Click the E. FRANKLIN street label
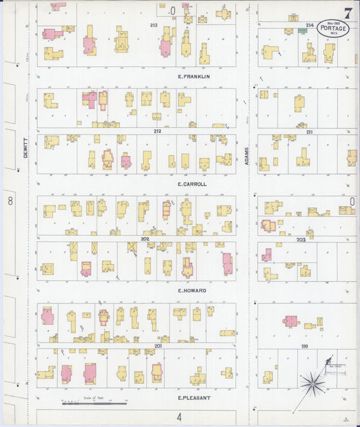(194, 76)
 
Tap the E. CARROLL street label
(192, 184)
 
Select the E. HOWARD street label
(192, 291)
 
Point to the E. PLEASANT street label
(194, 397)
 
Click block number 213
(154, 25)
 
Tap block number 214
(309, 25)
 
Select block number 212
(157, 131)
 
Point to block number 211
(309, 131)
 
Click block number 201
(157, 345)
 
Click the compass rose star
(313, 384)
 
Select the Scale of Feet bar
(95, 403)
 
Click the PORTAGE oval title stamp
(333, 29)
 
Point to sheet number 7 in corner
(348, 13)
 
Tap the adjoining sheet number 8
(10, 201)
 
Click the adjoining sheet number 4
(180, 417)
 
